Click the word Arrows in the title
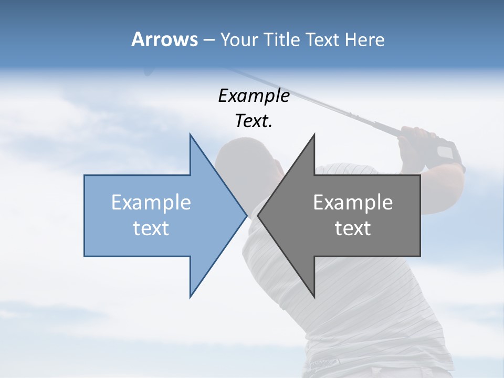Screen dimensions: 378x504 [x=164, y=39]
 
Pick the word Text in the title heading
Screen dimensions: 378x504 [x=323, y=39]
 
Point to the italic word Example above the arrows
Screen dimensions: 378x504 [x=254, y=96]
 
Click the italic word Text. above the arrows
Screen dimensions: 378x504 [x=254, y=121]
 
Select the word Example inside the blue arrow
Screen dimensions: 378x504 [x=151, y=203]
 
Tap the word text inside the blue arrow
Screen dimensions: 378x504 [x=151, y=228]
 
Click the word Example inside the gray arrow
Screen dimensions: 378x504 [x=353, y=203]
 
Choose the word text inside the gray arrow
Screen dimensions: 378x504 [x=353, y=228]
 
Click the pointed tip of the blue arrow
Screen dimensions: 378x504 [x=246, y=215]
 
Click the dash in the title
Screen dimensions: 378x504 [x=208, y=40]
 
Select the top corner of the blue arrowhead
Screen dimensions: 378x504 [x=190, y=135]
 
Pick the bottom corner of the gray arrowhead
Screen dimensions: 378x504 [x=314, y=297]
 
